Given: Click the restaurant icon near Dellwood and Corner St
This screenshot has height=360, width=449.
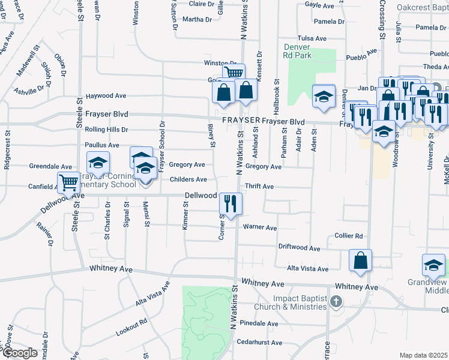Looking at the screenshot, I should coord(231,203).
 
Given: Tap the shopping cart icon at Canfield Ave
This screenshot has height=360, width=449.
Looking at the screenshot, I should coord(68,182).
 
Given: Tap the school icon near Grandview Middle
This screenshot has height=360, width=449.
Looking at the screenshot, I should coord(434,264).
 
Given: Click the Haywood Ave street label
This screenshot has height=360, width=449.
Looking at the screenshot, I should coord(106,96).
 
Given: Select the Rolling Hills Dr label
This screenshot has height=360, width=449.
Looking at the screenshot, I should coord(107,130).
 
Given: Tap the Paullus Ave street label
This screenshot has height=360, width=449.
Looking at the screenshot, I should coord(102,145).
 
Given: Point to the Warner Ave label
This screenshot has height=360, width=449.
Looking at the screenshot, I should coord(260,228).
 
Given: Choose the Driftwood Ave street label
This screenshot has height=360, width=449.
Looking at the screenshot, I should coord(299,247).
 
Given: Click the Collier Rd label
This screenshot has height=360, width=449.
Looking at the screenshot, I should coord(349,236).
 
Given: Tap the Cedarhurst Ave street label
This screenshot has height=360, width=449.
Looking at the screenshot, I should coord(259,343).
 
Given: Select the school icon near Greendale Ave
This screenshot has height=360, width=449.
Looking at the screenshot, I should coord(98,162).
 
